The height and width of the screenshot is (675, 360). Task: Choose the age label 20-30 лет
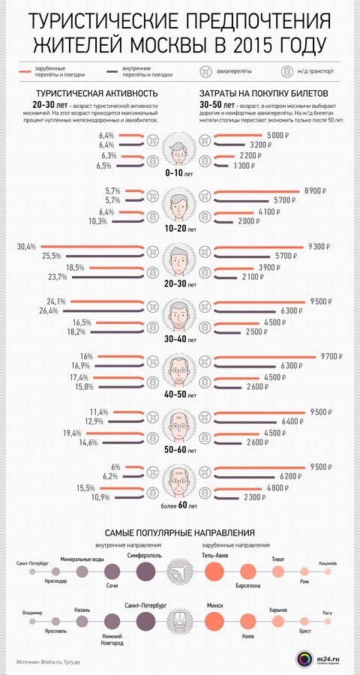180,285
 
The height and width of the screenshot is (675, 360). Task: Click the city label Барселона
247,584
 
